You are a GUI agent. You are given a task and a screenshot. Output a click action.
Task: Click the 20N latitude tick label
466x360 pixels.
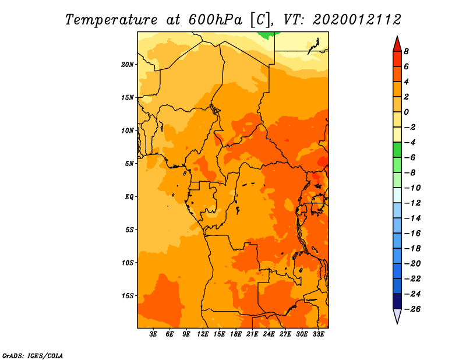coord(128,65)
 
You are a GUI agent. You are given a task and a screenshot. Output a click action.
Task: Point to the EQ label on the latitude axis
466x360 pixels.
coord(129,197)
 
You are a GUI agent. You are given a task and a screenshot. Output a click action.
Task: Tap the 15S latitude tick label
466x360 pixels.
coord(128,296)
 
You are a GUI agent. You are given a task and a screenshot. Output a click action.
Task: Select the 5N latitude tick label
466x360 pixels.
coord(129,164)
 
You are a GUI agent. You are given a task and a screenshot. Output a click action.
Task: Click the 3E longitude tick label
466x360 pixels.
coord(153,334)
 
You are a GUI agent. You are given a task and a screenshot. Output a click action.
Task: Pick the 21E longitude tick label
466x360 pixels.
coord(252,334)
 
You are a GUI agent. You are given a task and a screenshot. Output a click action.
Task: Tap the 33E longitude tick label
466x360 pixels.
coord(318,334)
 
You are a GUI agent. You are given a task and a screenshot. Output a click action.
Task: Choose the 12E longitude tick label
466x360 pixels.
coord(202,334)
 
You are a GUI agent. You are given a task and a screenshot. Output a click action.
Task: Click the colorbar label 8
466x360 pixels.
coord(406,51)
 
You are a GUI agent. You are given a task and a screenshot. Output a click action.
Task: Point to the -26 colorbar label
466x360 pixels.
coord(412,309)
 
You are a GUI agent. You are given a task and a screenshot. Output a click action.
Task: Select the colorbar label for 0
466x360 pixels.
coord(406,112)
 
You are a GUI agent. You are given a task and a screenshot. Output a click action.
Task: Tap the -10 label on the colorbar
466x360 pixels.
coord(412,188)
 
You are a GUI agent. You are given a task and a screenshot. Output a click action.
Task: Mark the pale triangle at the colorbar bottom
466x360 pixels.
coord(397,315)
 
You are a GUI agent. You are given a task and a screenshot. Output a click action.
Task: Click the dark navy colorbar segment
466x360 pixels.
coord(397,301)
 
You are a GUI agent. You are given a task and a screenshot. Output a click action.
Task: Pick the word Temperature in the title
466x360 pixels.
coord(111,20)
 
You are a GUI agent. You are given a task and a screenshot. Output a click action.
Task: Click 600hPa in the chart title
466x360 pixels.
coord(214,20)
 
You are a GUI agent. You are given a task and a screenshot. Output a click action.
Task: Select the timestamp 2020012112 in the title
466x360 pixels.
coord(357,20)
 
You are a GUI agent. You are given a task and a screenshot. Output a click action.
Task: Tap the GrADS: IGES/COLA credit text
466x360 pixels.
coord(33,356)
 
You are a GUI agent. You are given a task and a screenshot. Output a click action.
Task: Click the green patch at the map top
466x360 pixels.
coord(267,35)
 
